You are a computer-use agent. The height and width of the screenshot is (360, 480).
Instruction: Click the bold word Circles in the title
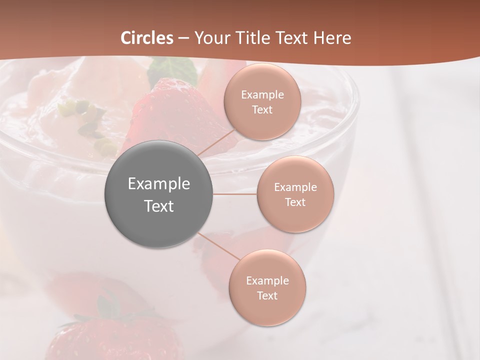click(147, 38)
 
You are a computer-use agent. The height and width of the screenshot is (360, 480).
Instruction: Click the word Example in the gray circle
click(159, 184)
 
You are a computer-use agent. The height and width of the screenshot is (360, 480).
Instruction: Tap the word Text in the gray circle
click(159, 206)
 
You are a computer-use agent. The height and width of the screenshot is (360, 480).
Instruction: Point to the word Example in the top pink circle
click(262, 94)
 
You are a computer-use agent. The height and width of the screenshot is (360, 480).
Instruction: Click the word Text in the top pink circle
click(262, 109)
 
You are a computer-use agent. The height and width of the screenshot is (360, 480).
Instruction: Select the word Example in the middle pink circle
click(295, 187)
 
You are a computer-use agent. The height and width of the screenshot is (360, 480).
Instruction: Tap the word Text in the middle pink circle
click(295, 202)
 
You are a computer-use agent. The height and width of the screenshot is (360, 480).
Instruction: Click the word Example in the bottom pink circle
click(267, 280)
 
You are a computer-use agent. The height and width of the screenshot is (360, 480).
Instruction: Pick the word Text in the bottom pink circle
click(267, 295)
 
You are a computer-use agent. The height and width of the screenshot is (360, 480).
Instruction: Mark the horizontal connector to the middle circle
click(235, 194)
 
